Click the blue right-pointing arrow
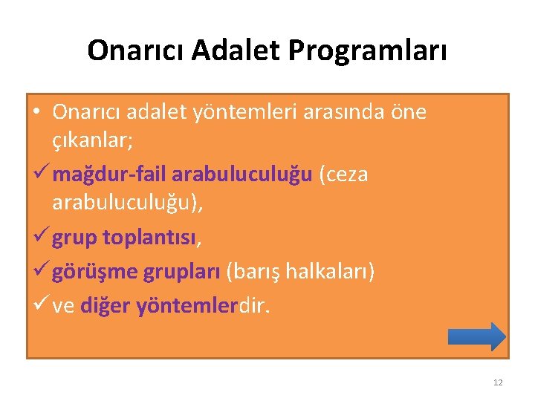coord(476,336)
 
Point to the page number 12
coord(497,382)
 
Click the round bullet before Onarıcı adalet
coord(37,112)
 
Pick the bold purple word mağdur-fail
coord(109,174)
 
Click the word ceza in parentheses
coord(343,174)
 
